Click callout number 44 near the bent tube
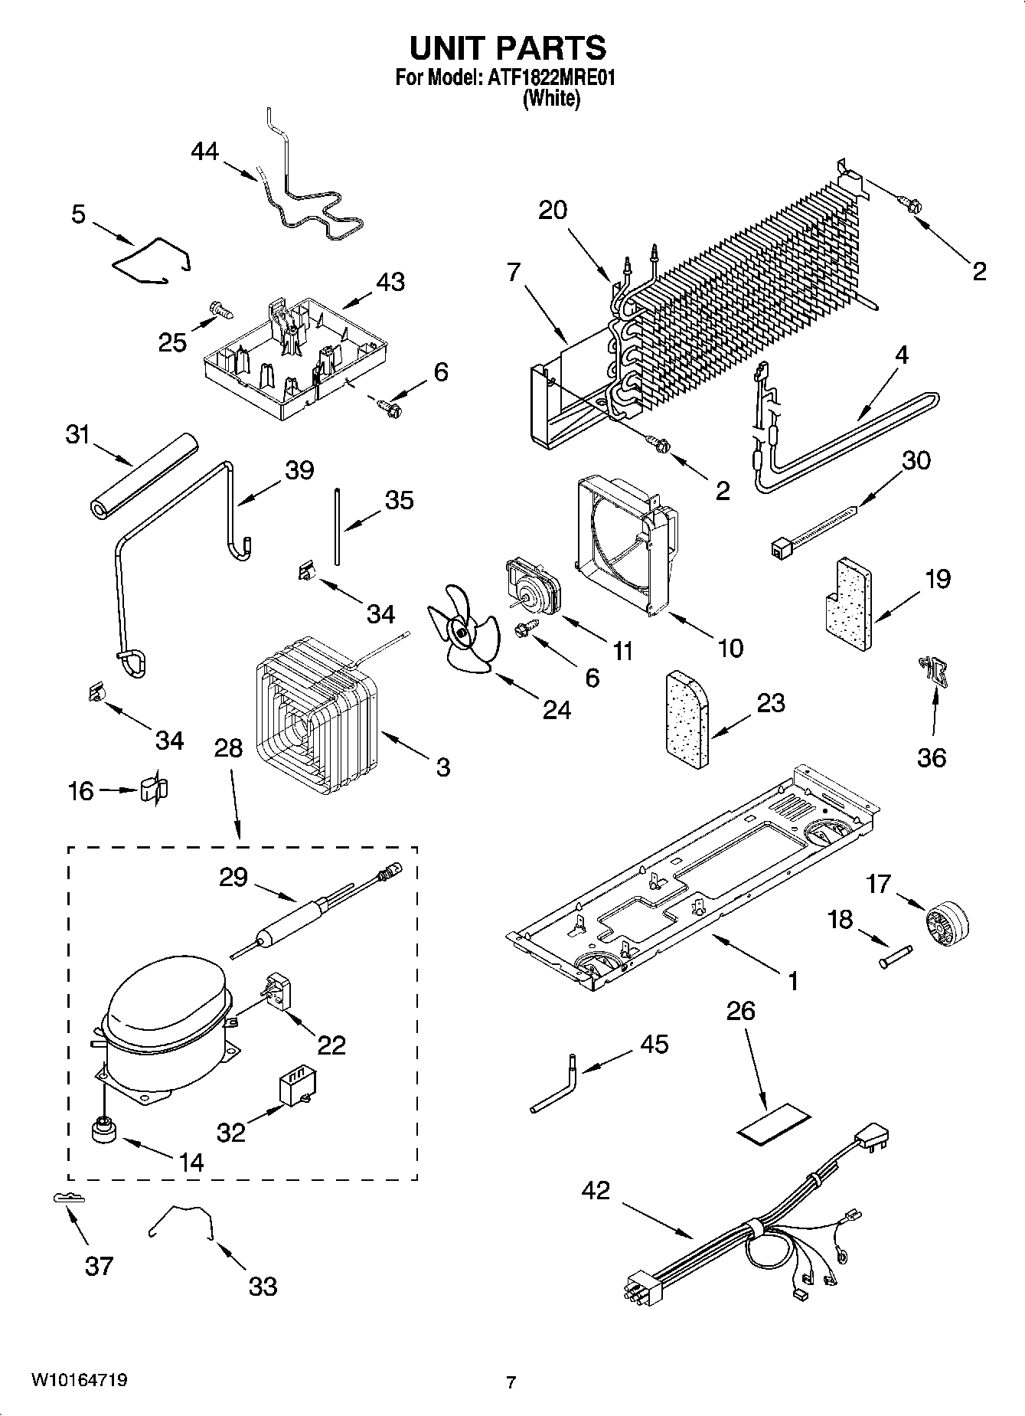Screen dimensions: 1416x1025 click(204, 152)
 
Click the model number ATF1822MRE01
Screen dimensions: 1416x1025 click(551, 78)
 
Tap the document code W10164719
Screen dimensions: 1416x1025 click(79, 1381)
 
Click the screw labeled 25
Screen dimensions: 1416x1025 click(220, 309)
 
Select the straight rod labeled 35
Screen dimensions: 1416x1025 click(336, 525)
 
